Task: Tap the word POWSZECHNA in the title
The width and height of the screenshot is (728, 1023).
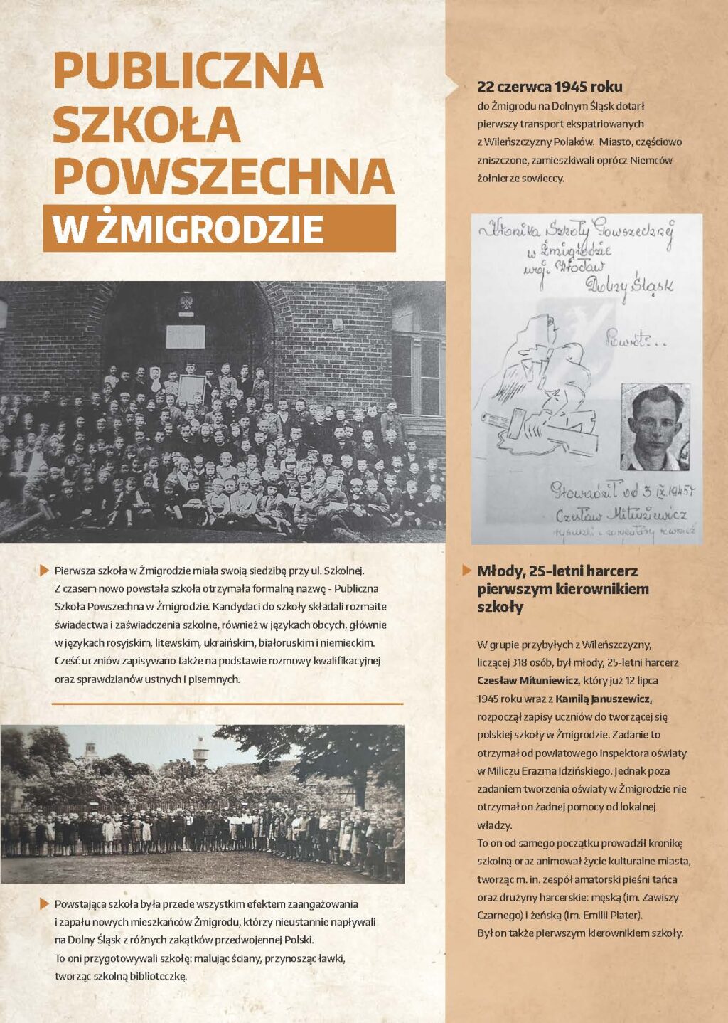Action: coord(223,176)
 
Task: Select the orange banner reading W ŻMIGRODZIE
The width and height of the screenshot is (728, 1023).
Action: coord(219,228)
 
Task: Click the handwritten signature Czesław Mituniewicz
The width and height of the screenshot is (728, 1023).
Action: coord(619,514)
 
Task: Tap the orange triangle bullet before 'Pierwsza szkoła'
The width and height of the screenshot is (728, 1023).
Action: coord(45,570)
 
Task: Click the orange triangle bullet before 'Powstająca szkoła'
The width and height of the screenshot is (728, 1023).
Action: coord(45,903)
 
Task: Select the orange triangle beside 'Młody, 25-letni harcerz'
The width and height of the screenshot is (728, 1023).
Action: coord(466,570)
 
